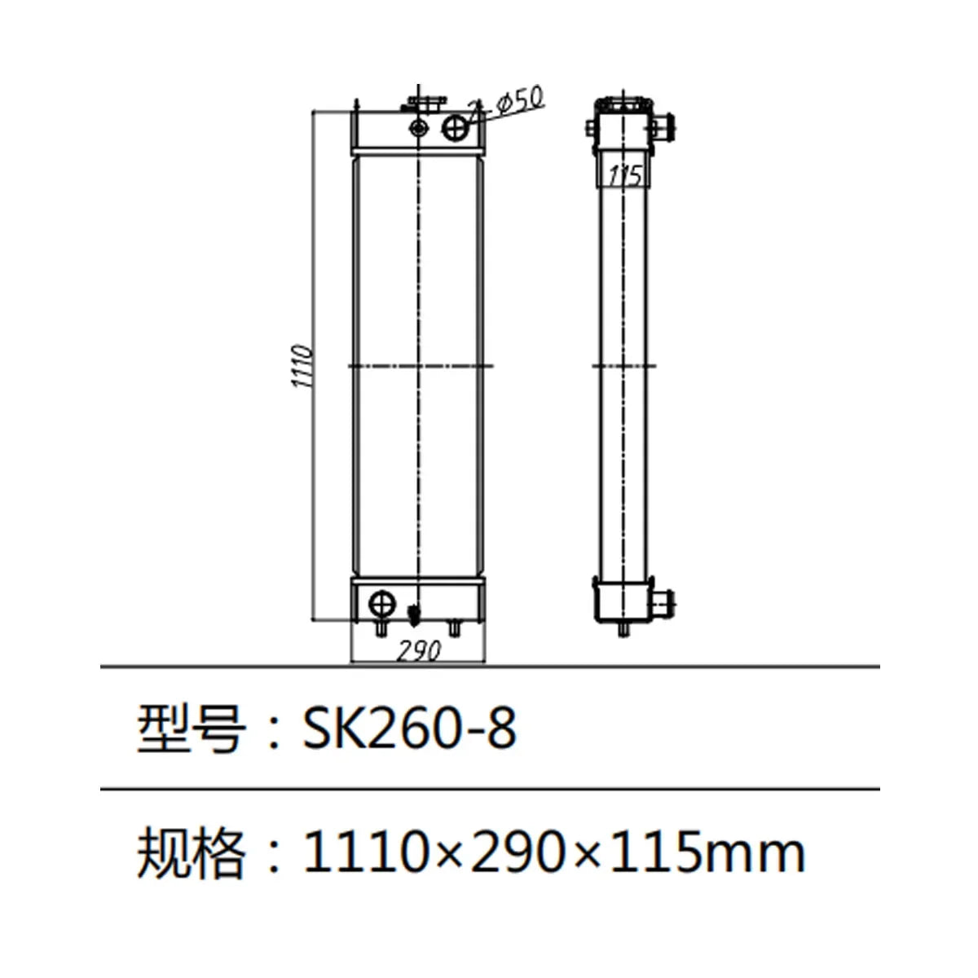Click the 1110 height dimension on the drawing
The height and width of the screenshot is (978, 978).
(302, 367)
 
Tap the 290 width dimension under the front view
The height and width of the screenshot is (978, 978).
(420, 650)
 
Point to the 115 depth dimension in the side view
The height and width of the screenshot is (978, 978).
(625, 174)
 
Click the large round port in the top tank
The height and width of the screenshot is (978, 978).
(456, 126)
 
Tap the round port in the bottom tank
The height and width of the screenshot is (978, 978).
(381, 604)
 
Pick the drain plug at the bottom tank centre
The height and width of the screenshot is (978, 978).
(414, 614)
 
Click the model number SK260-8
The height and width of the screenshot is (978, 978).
(409, 727)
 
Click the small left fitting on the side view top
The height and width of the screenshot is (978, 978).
(590, 128)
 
